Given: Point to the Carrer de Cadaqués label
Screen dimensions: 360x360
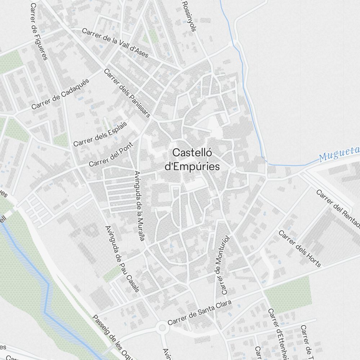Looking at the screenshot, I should (60, 94).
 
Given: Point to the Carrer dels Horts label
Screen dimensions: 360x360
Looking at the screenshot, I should (300, 249).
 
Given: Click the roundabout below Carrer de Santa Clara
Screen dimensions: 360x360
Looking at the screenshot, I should (162, 328).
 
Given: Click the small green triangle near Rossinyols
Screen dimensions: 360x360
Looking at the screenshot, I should (153, 36).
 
